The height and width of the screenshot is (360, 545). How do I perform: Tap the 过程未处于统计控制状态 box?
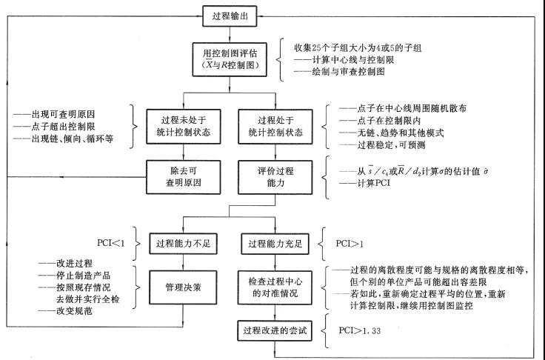[184, 124]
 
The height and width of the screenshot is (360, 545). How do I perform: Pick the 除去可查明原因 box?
[184, 173]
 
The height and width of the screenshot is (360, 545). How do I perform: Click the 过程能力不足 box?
[184, 242]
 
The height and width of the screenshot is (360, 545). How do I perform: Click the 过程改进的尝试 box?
[274, 330]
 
